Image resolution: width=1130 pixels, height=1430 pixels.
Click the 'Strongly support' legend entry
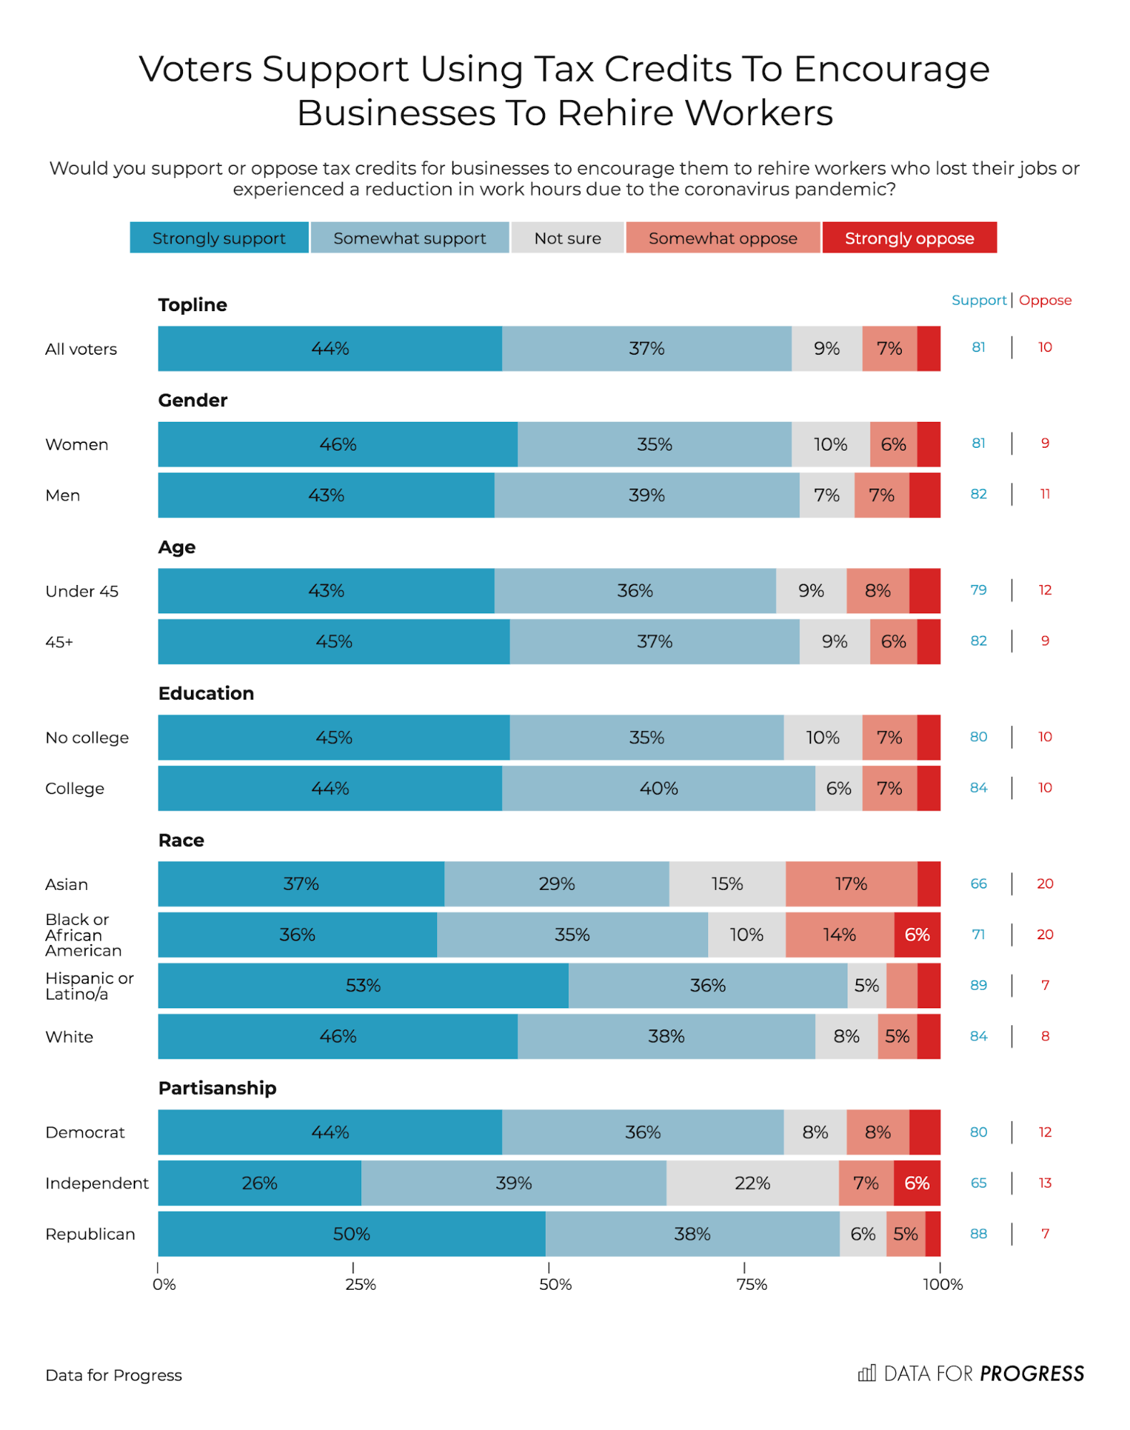pyautogui.click(x=219, y=238)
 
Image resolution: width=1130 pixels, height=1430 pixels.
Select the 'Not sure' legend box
pyautogui.click(x=567, y=238)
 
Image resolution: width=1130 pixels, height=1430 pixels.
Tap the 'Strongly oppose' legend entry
pyautogui.click(x=909, y=238)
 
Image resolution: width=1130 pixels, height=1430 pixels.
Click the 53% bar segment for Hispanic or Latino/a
pyautogui.click(x=363, y=986)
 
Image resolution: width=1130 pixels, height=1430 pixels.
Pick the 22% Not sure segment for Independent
pyautogui.click(x=752, y=1183)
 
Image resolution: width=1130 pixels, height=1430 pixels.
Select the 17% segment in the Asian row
pyautogui.click(x=851, y=884)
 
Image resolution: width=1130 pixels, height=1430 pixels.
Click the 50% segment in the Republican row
pyautogui.click(x=351, y=1234)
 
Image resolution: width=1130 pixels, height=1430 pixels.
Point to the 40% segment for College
pyautogui.click(x=659, y=788)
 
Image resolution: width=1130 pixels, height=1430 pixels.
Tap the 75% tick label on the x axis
pyautogui.click(x=752, y=1285)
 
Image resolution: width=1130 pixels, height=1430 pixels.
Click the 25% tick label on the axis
pyautogui.click(x=360, y=1285)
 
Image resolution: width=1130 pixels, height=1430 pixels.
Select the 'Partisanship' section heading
pyautogui.click(x=217, y=1088)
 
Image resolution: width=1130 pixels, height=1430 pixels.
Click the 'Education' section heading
pyautogui.click(x=206, y=693)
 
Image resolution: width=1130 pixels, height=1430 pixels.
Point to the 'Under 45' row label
pyautogui.click(x=82, y=592)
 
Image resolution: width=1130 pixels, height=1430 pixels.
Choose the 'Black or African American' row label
pyautogui.click(x=83, y=935)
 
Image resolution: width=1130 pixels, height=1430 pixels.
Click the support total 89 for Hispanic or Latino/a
pyautogui.click(x=978, y=986)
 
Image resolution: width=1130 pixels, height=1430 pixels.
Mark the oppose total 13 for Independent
pyautogui.click(x=1045, y=1183)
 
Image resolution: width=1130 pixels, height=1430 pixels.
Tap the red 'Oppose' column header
pyautogui.click(x=1045, y=300)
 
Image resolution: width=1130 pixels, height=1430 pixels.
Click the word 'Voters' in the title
pyautogui.click(x=195, y=69)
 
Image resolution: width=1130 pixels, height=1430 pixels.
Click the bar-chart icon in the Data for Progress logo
pyautogui.click(x=867, y=1373)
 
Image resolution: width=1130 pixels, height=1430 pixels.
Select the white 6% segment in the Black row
pyautogui.click(x=917, y=935)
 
